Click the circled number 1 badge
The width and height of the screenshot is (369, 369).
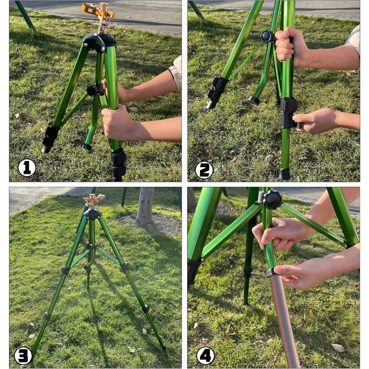27,168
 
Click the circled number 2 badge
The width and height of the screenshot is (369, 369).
204,170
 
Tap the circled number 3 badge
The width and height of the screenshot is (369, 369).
24,356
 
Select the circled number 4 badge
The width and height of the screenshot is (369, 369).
205,356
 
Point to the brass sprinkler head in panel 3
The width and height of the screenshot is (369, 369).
94,200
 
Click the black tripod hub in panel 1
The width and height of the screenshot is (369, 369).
100,42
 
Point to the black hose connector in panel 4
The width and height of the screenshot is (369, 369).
272,272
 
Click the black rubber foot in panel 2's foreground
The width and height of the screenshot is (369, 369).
285,174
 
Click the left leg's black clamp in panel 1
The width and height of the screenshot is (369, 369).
51,134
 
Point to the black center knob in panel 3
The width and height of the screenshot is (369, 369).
91,246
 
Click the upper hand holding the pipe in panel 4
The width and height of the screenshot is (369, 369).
281,233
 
